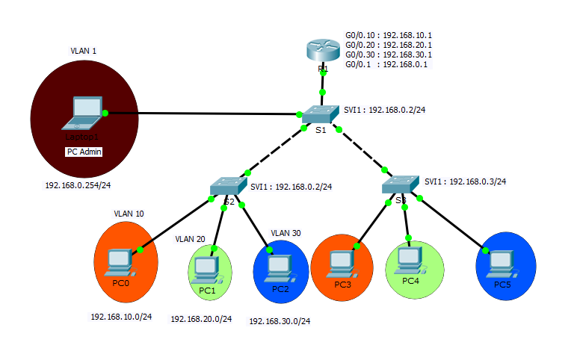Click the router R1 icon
tap(322, 52)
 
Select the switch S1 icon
tap(321, 114)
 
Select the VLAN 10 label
tap(129, 214)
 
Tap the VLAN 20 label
tap(190, 239)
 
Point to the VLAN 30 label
tap(286, 233)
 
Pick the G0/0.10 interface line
tap(388, 35)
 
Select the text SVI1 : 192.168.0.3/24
tap(465, 181)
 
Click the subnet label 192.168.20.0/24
tap(201, 319)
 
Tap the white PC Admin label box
tap(84, 152)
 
